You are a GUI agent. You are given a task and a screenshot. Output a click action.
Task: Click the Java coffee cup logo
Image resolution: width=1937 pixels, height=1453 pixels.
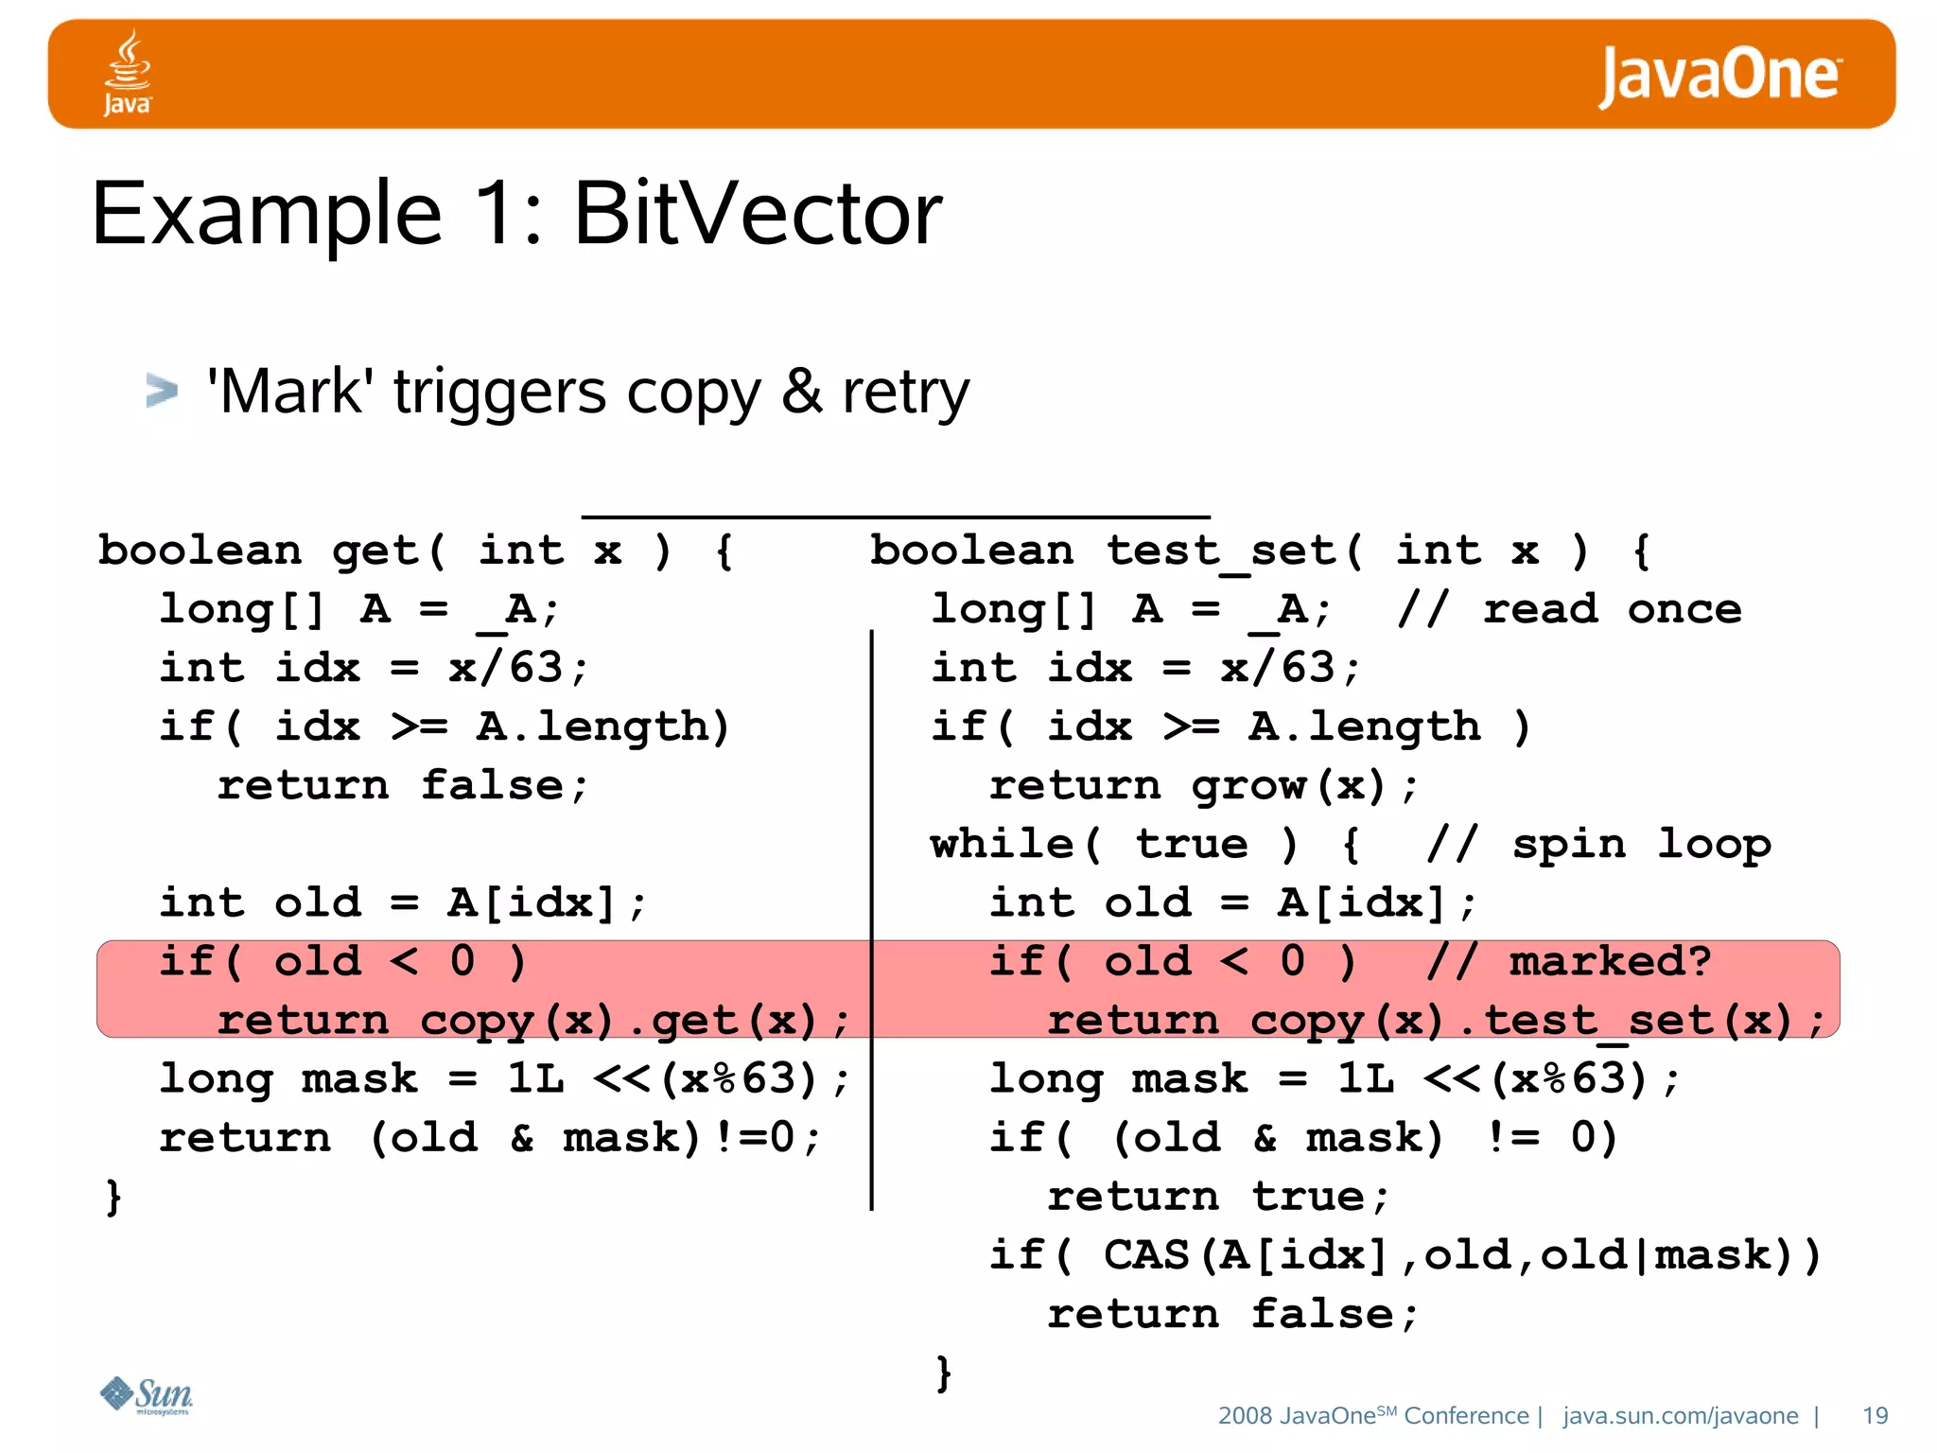coord(127,73)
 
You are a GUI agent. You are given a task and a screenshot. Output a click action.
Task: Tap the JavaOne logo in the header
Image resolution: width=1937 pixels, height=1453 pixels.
coord(1719,76)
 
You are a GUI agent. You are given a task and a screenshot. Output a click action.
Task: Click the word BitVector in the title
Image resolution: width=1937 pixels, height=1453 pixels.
coord(758,214)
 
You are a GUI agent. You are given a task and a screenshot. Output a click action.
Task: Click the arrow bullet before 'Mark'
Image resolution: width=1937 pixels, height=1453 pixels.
coord(162,391)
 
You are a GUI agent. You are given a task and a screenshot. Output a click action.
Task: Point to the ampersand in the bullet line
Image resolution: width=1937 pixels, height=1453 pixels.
coord(801,393)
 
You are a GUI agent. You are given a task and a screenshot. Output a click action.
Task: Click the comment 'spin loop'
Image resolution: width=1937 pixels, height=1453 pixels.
coord(1640,844)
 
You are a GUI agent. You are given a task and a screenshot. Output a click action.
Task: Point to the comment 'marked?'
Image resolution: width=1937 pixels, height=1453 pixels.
coord(1609,962)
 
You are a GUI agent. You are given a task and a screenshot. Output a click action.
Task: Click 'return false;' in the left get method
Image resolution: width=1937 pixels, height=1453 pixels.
coord(403,786)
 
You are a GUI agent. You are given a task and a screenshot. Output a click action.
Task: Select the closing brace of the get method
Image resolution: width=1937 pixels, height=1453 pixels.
coord(113,1197)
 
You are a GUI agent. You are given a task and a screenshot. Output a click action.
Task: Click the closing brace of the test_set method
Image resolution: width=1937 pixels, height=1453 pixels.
coord(943,1373)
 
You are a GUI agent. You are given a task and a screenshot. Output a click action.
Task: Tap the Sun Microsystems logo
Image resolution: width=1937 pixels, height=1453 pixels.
coord(147,1394)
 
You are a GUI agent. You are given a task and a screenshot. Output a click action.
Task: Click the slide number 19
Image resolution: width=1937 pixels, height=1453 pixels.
coord(1875,1415)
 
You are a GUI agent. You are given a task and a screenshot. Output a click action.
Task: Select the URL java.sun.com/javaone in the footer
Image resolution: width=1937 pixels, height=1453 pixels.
coord(1680,1415)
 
